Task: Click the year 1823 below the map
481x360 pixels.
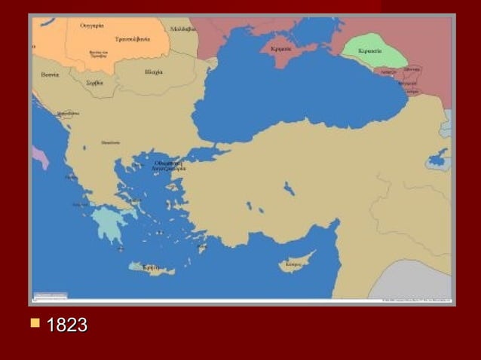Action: click(x=66, y=326)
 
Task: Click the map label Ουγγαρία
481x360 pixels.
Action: click(x=91, y=26)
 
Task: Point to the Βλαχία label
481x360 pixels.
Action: click(x=153, y=73)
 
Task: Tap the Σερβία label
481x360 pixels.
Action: click(x=95, y=83)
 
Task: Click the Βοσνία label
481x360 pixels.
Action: click(x=51, y=75)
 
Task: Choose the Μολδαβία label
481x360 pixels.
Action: click(x=182, y=29)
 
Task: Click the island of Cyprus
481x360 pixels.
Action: click(x=296, y=264)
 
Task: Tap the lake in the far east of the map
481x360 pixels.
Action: click(x=437, y=160)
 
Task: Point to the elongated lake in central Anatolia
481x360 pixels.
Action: click(x=289, y=188)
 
